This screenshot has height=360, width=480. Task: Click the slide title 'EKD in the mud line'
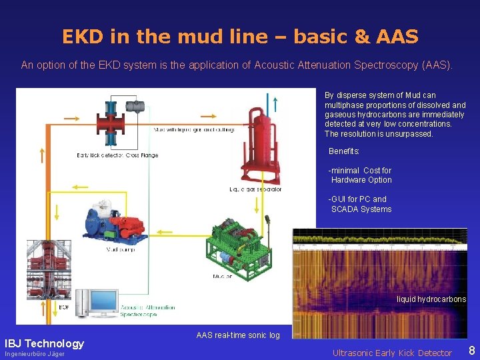[240, 36]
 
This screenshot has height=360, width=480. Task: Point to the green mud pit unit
[237, 243]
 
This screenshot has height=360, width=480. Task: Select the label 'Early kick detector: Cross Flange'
[117, 155]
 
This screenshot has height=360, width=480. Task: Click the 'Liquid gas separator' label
[255, 189]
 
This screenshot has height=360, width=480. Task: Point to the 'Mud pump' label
[121, 250]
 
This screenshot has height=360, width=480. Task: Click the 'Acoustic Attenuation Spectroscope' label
[148, 311]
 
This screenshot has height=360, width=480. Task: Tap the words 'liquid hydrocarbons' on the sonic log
[431, 299]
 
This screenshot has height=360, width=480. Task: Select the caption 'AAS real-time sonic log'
[238, 335]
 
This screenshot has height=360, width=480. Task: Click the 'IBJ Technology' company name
[45, 344]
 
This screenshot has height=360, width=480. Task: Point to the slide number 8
[471, 351]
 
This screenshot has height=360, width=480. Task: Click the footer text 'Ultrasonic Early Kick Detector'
[392, 353]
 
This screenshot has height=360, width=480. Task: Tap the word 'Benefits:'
[344, 152]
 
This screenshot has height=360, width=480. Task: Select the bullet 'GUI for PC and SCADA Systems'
[359, 204]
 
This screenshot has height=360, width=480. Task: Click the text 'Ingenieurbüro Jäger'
[35, 354]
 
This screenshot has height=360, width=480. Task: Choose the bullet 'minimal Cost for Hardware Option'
[361, 175]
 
